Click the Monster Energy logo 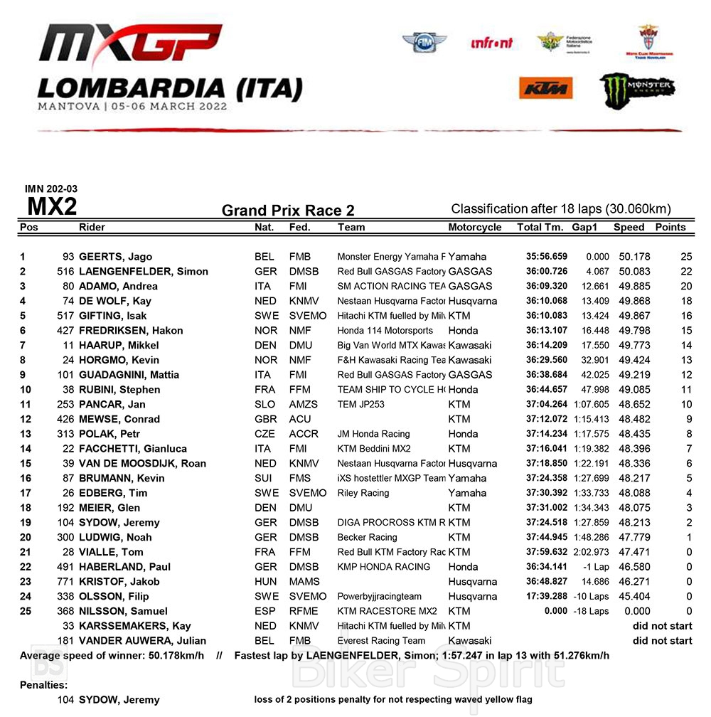point(636,88)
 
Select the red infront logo point(491,43)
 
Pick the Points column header point(670,228)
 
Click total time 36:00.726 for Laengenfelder point(546,272)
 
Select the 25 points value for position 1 point(685,257)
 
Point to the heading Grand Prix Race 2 point(288,211)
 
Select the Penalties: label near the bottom point(43,686)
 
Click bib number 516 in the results point(65,272)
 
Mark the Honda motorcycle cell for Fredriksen point(463,331)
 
